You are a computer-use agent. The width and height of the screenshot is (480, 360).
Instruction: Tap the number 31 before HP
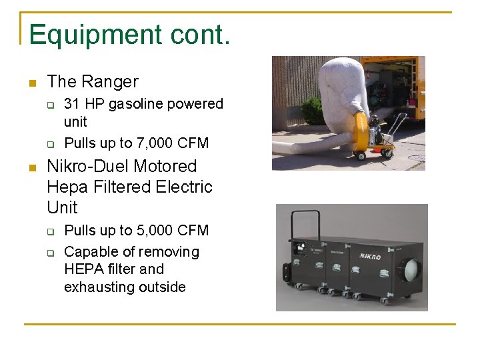[71, 104]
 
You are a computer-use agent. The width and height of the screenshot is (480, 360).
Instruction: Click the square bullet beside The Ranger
[31, 83]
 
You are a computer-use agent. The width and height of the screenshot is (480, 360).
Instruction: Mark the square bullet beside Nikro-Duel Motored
[31, 167]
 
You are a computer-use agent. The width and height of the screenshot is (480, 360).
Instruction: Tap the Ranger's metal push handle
[397, 124]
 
